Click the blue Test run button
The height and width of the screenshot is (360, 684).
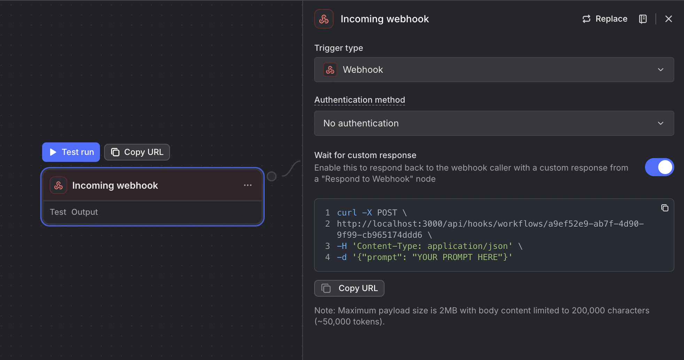pyautogui.click(x=71, y=152)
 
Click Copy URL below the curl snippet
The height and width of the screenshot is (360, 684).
pyautogui.click(x=349, y=288)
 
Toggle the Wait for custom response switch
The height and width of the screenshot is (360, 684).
pyautogui.click(x=659, y=167)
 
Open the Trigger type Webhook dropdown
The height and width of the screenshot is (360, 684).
pyautogui.click(x=493, y=70)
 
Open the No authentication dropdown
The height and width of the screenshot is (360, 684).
pyautogui.click(x=493, y=123)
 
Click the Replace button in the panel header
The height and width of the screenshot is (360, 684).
pyautogui.click(x=605, y=19)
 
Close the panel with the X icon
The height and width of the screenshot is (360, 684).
pyautogui.click(x=668, y=19)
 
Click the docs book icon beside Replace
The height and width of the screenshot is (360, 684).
pyautogui.click(x=643, y=19)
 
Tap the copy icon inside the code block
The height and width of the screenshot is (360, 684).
pyautogui.click(x=664, y=208)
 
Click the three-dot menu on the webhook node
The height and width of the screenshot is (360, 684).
pyautogui.click(x=248, y=185)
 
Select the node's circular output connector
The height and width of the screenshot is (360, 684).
pyautogui.click(x=272, y=177)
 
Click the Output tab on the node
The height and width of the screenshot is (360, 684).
pyautogui.click(x=85, y=212)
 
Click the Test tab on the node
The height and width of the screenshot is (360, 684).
pyautogui.click(x=58, y=212)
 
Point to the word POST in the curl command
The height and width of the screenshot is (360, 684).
pyautogui.click(x=387, y=213)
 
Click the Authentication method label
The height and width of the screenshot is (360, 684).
pyautogui.click(x=359, y=100)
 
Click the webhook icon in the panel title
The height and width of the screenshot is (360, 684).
pyautogui.click(x=324, y=19)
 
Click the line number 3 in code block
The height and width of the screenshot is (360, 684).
pyautogui.click(x=327, y=246)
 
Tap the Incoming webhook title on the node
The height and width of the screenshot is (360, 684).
pyautogui.click(x=115, y=186)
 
